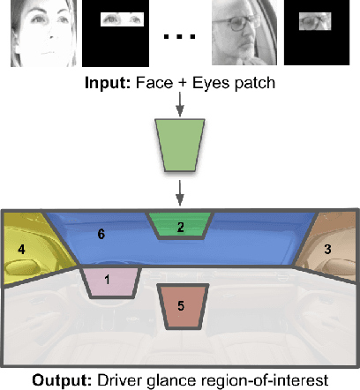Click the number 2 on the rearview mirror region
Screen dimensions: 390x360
click(180, 227)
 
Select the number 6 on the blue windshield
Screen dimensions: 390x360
click(101, 235)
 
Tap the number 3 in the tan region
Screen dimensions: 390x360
click(327, 250)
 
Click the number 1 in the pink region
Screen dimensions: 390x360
click(109, 280)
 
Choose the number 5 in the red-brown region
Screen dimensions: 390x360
click(181, 306)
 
